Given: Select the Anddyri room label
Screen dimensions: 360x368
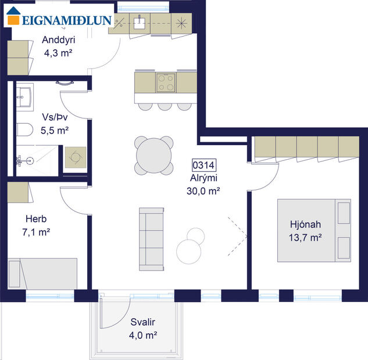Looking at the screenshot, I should click(x=59, y=40).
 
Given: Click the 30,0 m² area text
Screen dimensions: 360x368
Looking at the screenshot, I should click(x=203, y=190).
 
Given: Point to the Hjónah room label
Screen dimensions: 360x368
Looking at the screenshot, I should click(x=306, y=225).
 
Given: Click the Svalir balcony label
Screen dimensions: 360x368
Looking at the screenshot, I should click(x=142, y=322).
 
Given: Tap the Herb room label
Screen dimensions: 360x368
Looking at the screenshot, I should click(x=35, y=219).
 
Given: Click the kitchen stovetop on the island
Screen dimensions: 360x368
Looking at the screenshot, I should click(x=166, y=82).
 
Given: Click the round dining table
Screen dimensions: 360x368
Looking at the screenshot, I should click(x=154, y=155).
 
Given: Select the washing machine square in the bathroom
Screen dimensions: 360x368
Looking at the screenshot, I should click(x=74, y=157).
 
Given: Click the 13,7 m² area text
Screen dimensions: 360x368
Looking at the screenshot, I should click(x=306, y=237).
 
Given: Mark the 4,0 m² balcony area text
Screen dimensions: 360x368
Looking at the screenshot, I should click(x=142, y=335).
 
